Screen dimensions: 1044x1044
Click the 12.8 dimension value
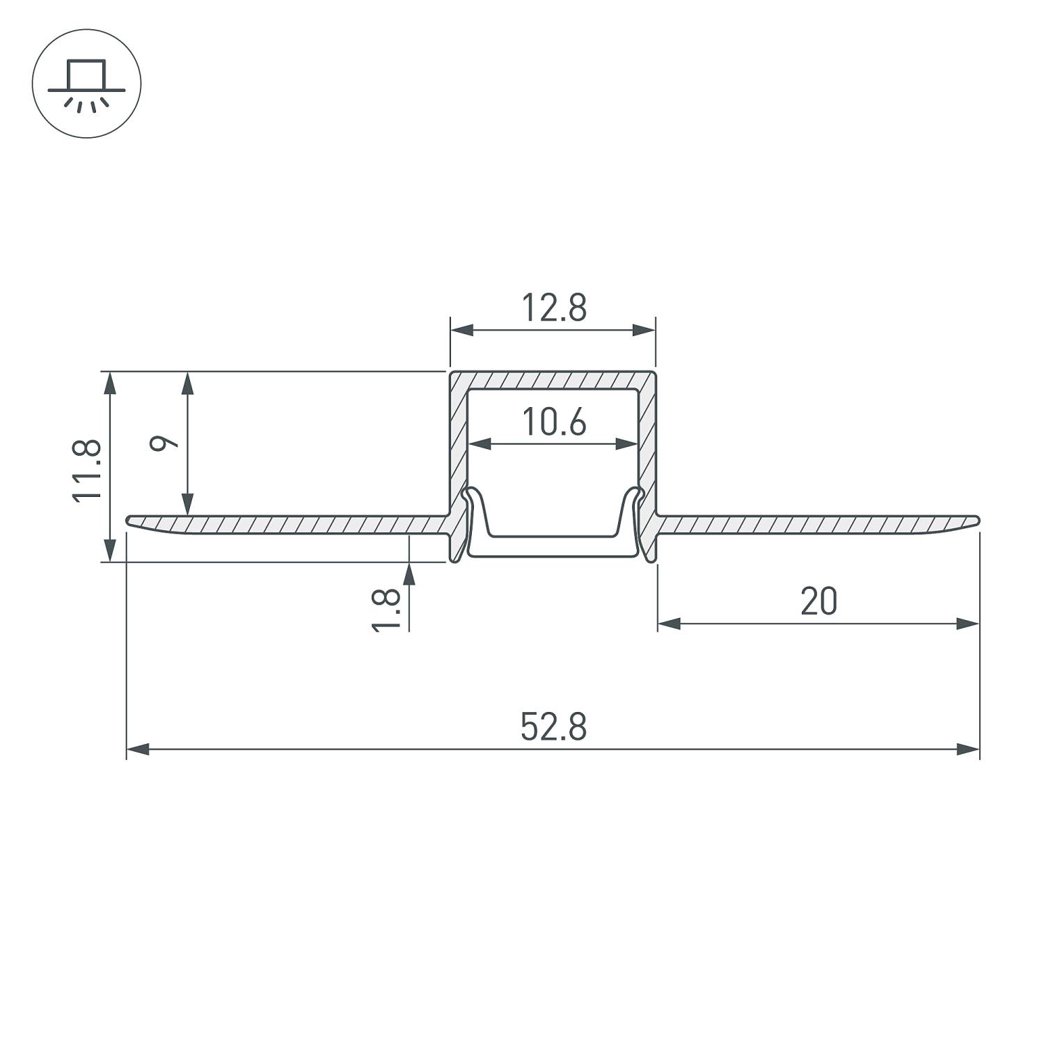(554, 308)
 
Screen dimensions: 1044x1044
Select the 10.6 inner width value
(554, 422)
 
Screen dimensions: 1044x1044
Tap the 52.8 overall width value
(553, 727)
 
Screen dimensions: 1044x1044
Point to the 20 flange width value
(818, 602)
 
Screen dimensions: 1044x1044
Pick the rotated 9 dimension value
(165, 443)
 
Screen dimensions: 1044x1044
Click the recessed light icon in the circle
(87, 84)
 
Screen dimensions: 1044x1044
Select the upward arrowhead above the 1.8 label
(409, 572)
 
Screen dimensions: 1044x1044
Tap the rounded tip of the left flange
(131, 521)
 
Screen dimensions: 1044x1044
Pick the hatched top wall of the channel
(553, 381)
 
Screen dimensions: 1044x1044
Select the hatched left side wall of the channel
(457, 445)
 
